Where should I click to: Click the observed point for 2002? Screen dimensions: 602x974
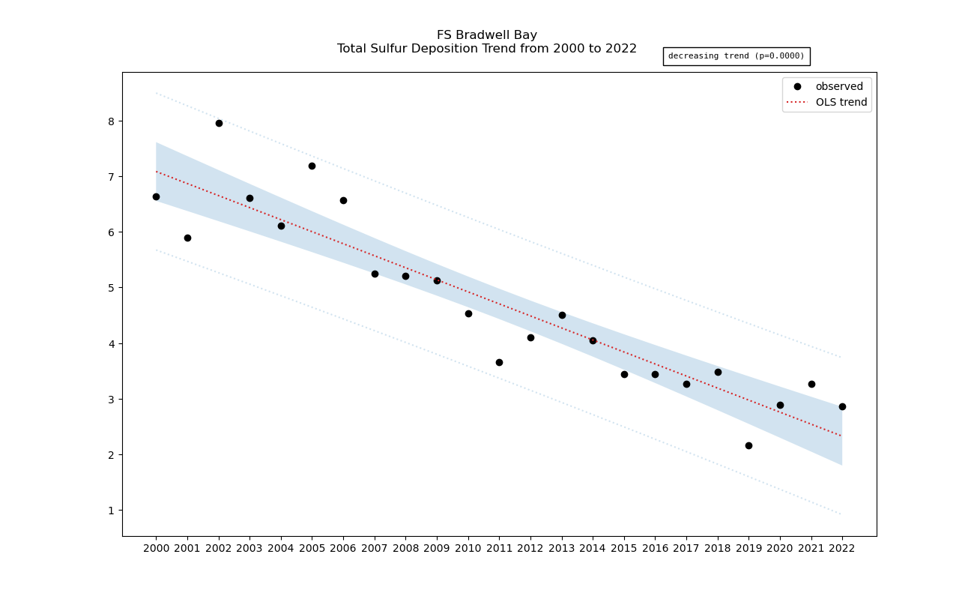point(219,123)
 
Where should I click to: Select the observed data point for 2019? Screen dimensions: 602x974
point(748,445)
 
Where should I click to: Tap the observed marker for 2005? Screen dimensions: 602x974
point(312,166)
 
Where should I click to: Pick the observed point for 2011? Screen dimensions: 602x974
point(499,362)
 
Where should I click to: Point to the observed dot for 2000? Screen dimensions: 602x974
point(156,196)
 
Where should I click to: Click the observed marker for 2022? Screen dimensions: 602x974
point(842,406)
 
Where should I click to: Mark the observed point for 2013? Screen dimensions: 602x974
point(562,315)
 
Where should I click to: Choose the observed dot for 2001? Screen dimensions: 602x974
point(187,238)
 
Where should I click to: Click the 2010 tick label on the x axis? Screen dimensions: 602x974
point(468,549)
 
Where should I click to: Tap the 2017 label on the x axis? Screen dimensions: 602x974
point(686,549)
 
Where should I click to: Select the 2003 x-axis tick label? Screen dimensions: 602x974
point(249,549)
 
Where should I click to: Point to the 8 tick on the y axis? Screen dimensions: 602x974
point(109,121)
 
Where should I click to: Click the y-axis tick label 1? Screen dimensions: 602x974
point(109,511)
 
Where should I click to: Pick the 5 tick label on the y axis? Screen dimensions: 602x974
point(109,288)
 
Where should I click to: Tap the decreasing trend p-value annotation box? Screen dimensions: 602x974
point(736,56)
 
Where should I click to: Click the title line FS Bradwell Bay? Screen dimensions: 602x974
point(487,35)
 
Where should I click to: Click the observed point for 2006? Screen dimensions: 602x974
point(343,200)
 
